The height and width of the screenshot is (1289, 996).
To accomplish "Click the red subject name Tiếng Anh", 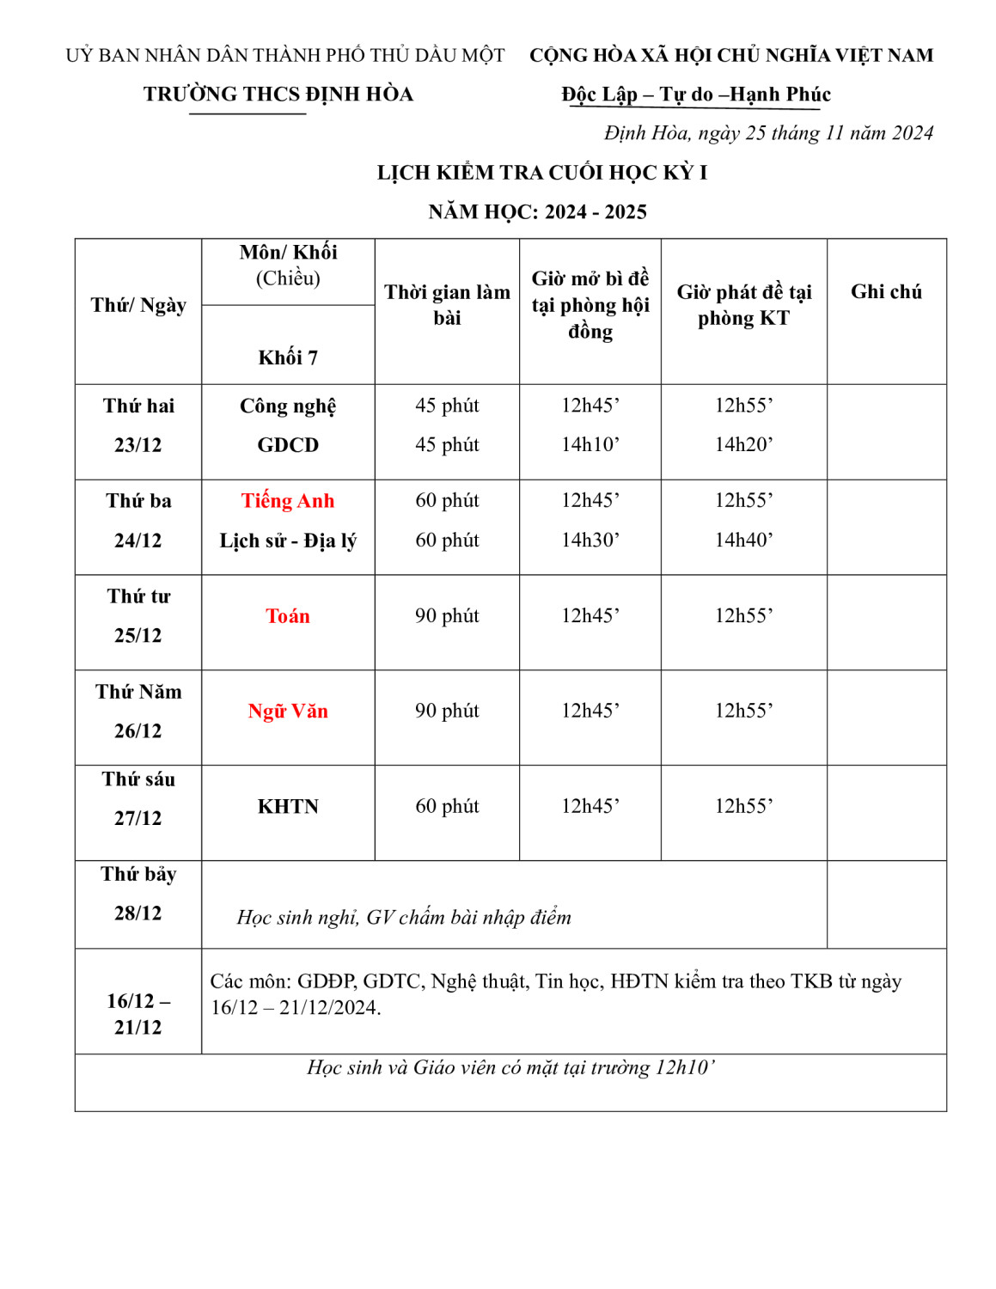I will coord(287,501).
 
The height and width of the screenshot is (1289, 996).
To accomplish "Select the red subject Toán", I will coord(287,616).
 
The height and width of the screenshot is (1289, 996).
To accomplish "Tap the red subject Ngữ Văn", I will coord(287,712).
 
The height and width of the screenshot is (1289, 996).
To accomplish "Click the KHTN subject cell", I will coord(287,807).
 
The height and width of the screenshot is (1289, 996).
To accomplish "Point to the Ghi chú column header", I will coord(886,292).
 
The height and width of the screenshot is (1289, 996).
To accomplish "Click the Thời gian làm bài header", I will coord(447,305).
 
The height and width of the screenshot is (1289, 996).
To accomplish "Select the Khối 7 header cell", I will coord(287,357).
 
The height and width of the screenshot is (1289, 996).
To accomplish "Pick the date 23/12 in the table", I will coord(137,445).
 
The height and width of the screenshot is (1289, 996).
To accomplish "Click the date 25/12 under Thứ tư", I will coord(137,636).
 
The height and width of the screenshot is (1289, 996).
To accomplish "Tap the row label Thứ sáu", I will coord(137,779).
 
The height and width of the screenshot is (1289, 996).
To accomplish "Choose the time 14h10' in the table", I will coord(590,445).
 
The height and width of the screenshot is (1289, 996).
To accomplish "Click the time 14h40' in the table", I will coord(743,541).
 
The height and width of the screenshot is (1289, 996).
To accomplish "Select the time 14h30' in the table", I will coord(590,541).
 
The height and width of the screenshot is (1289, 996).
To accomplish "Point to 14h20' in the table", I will coord(743,445).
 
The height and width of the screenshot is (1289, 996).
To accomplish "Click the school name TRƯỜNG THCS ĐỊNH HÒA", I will coord(278,95).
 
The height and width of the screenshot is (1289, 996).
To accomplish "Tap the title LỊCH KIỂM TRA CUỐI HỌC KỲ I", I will coord(541,173).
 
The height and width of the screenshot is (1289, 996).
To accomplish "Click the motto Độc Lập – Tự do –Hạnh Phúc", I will coord(696,95).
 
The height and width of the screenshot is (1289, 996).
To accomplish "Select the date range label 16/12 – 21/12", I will coord(137,1014).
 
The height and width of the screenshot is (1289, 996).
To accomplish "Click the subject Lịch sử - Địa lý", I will coord(287,541).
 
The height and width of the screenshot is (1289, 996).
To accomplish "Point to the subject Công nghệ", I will coord(287,406).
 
